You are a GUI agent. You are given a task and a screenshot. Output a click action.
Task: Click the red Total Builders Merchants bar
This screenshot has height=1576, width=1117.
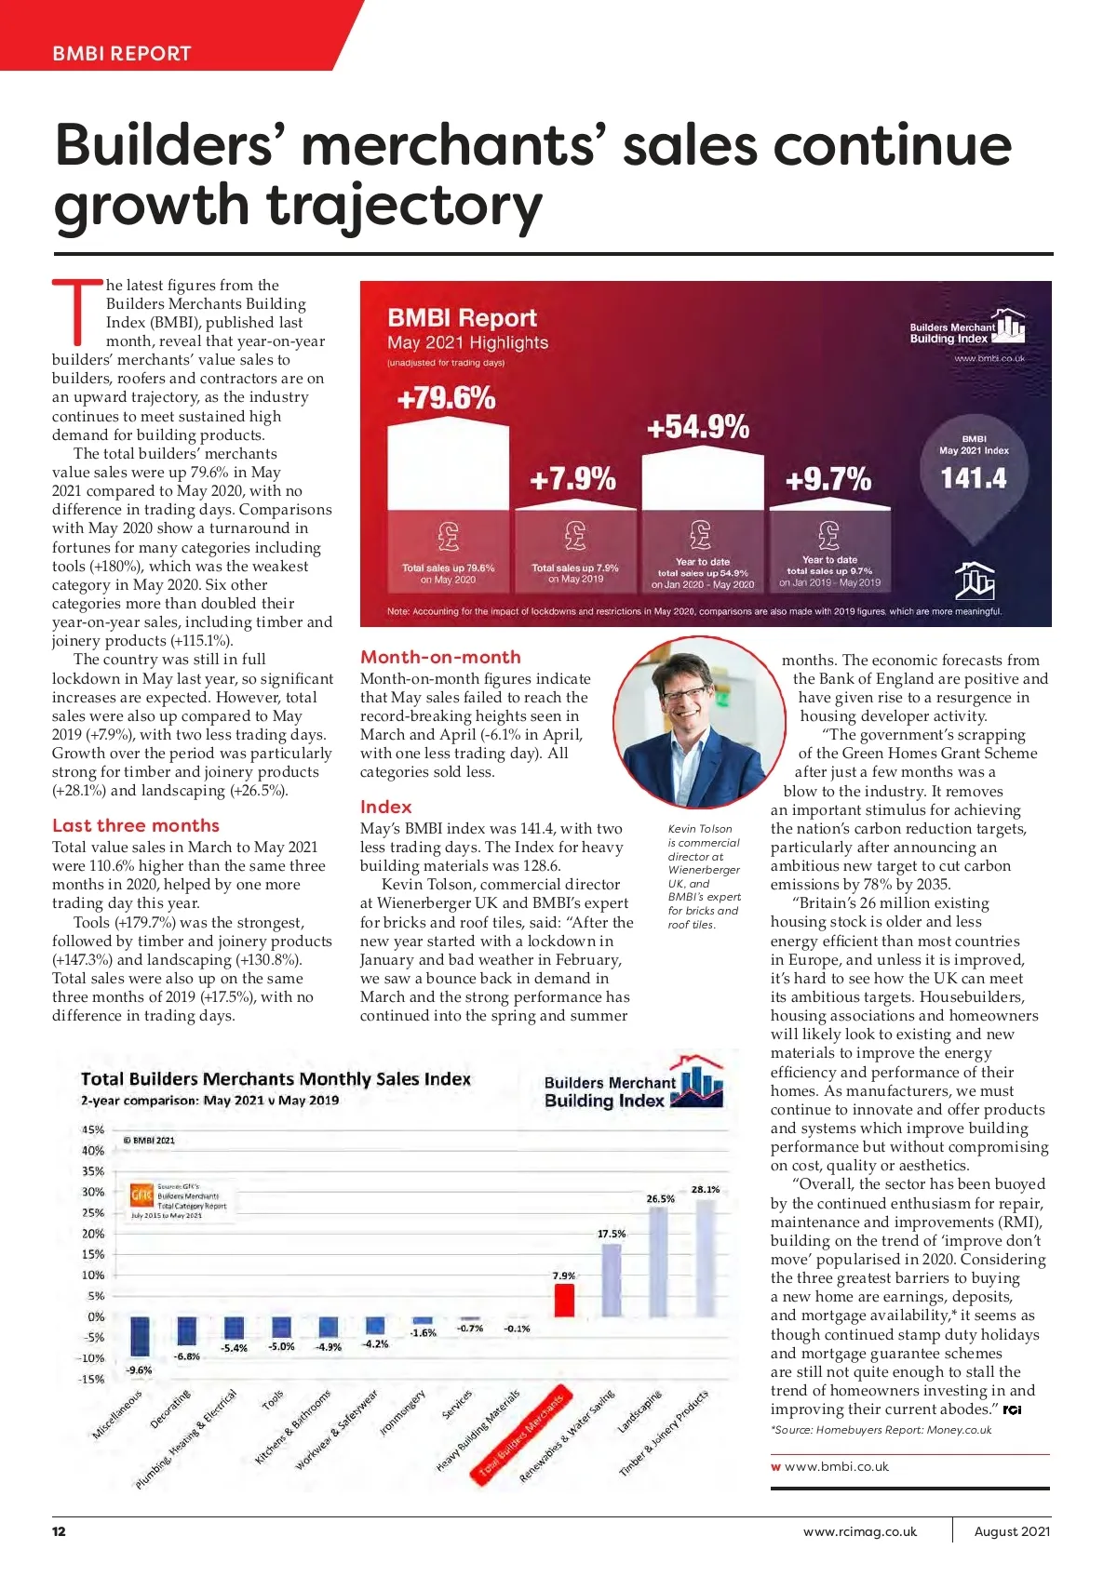point(564,1301)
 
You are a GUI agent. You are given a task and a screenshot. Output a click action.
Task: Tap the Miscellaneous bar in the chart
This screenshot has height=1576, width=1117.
point(139,1337)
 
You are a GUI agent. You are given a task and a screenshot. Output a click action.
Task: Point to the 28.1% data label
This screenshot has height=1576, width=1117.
point(706,1189)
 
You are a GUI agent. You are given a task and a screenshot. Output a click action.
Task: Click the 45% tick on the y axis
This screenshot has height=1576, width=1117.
point(93,1129)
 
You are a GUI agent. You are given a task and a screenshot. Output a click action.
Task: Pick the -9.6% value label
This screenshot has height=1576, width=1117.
point(139,1370)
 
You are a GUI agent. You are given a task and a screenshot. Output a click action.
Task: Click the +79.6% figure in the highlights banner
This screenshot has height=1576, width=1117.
point(446,398)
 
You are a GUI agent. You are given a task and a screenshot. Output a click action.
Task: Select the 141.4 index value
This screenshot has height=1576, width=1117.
point(974,478)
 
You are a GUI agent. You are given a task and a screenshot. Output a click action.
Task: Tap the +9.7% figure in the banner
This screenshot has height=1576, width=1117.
point(828,479)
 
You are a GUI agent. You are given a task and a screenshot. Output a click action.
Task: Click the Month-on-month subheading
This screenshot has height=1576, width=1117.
point(440,657)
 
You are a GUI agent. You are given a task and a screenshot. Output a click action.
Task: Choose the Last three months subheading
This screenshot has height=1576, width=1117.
point(136,825)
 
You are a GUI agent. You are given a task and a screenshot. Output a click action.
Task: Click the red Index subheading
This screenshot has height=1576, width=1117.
point(385,807)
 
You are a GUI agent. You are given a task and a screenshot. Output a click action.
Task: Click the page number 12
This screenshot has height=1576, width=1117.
point(59,1531)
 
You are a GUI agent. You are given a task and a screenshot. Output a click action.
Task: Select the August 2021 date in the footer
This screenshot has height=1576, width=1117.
point(1012,1531)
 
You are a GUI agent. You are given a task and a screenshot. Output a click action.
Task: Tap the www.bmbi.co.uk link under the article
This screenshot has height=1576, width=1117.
point(836,1467)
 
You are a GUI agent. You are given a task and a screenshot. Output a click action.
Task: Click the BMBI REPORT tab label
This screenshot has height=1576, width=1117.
point(122,54)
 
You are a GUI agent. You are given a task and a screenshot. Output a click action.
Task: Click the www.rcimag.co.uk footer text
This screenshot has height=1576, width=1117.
point(859,1531)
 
